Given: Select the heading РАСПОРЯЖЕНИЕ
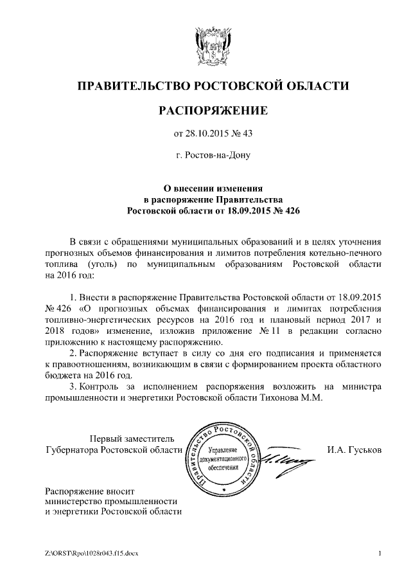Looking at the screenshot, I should [x=213, y=111].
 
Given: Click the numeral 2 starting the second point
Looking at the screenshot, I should [x=73, y=352].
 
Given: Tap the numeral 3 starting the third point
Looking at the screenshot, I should [x=73, y=386].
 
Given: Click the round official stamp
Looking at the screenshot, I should [x=223, y=458].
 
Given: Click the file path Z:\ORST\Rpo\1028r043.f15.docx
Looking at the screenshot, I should [x=92, y=553].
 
